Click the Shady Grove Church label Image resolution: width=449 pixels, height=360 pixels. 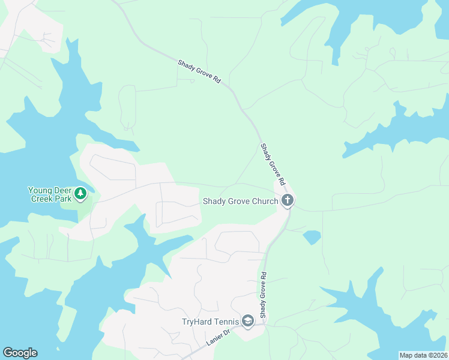coord(240,201)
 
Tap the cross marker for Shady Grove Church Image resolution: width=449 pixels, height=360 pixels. coord(288,200)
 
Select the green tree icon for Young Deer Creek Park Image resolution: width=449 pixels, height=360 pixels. coord(81,194)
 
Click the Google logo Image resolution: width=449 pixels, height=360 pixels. coord(20,353)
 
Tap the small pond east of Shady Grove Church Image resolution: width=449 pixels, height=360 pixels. coord(312,238)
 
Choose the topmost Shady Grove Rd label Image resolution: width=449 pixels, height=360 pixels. coord(199,71)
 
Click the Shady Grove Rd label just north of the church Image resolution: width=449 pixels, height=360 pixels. coord(272,164)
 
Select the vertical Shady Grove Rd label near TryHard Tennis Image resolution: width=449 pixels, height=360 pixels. coord(263,294)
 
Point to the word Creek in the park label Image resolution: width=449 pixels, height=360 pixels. coord(41,198)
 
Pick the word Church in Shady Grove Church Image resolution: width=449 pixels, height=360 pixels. coord(264,201)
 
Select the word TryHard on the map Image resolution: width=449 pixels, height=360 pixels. coord(197,322)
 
